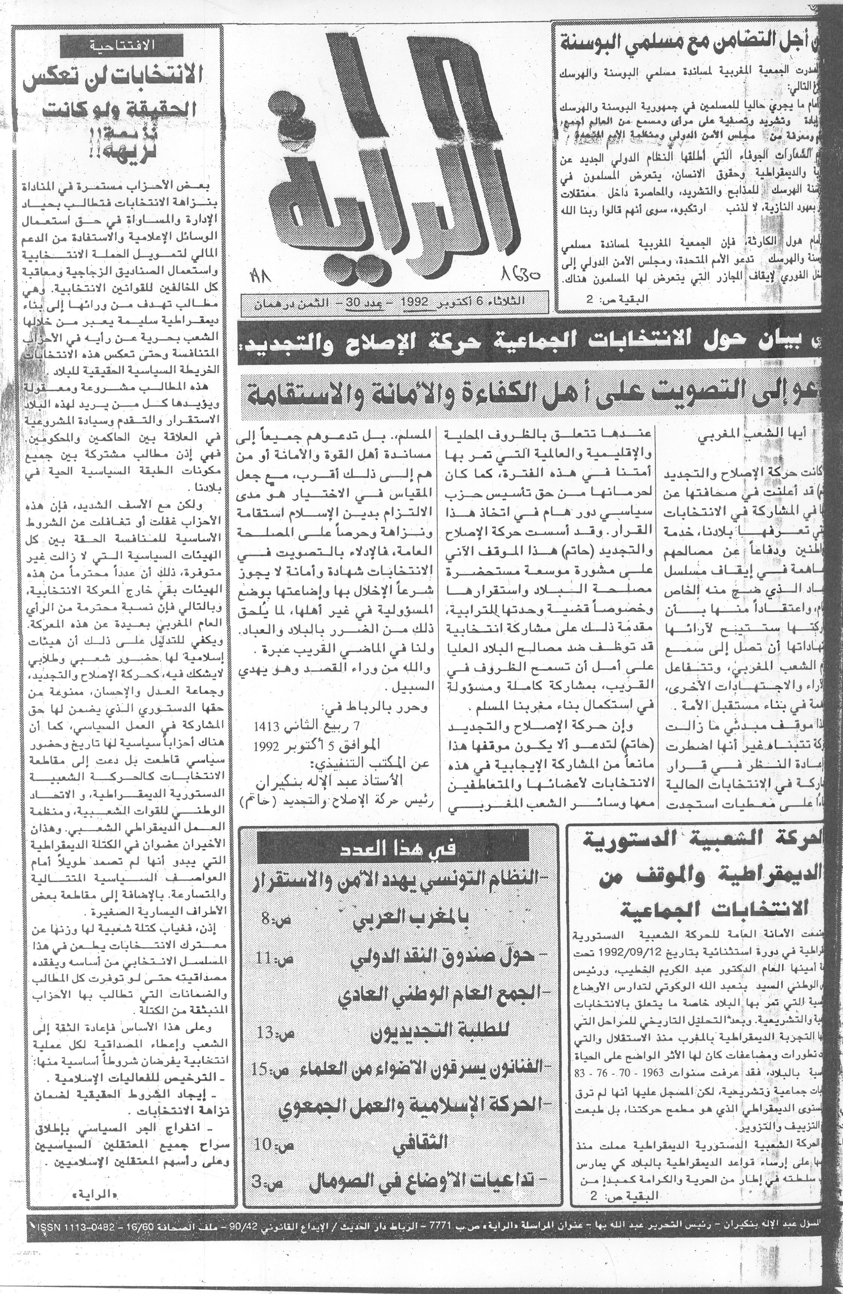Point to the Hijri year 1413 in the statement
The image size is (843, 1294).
point(267,726)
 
